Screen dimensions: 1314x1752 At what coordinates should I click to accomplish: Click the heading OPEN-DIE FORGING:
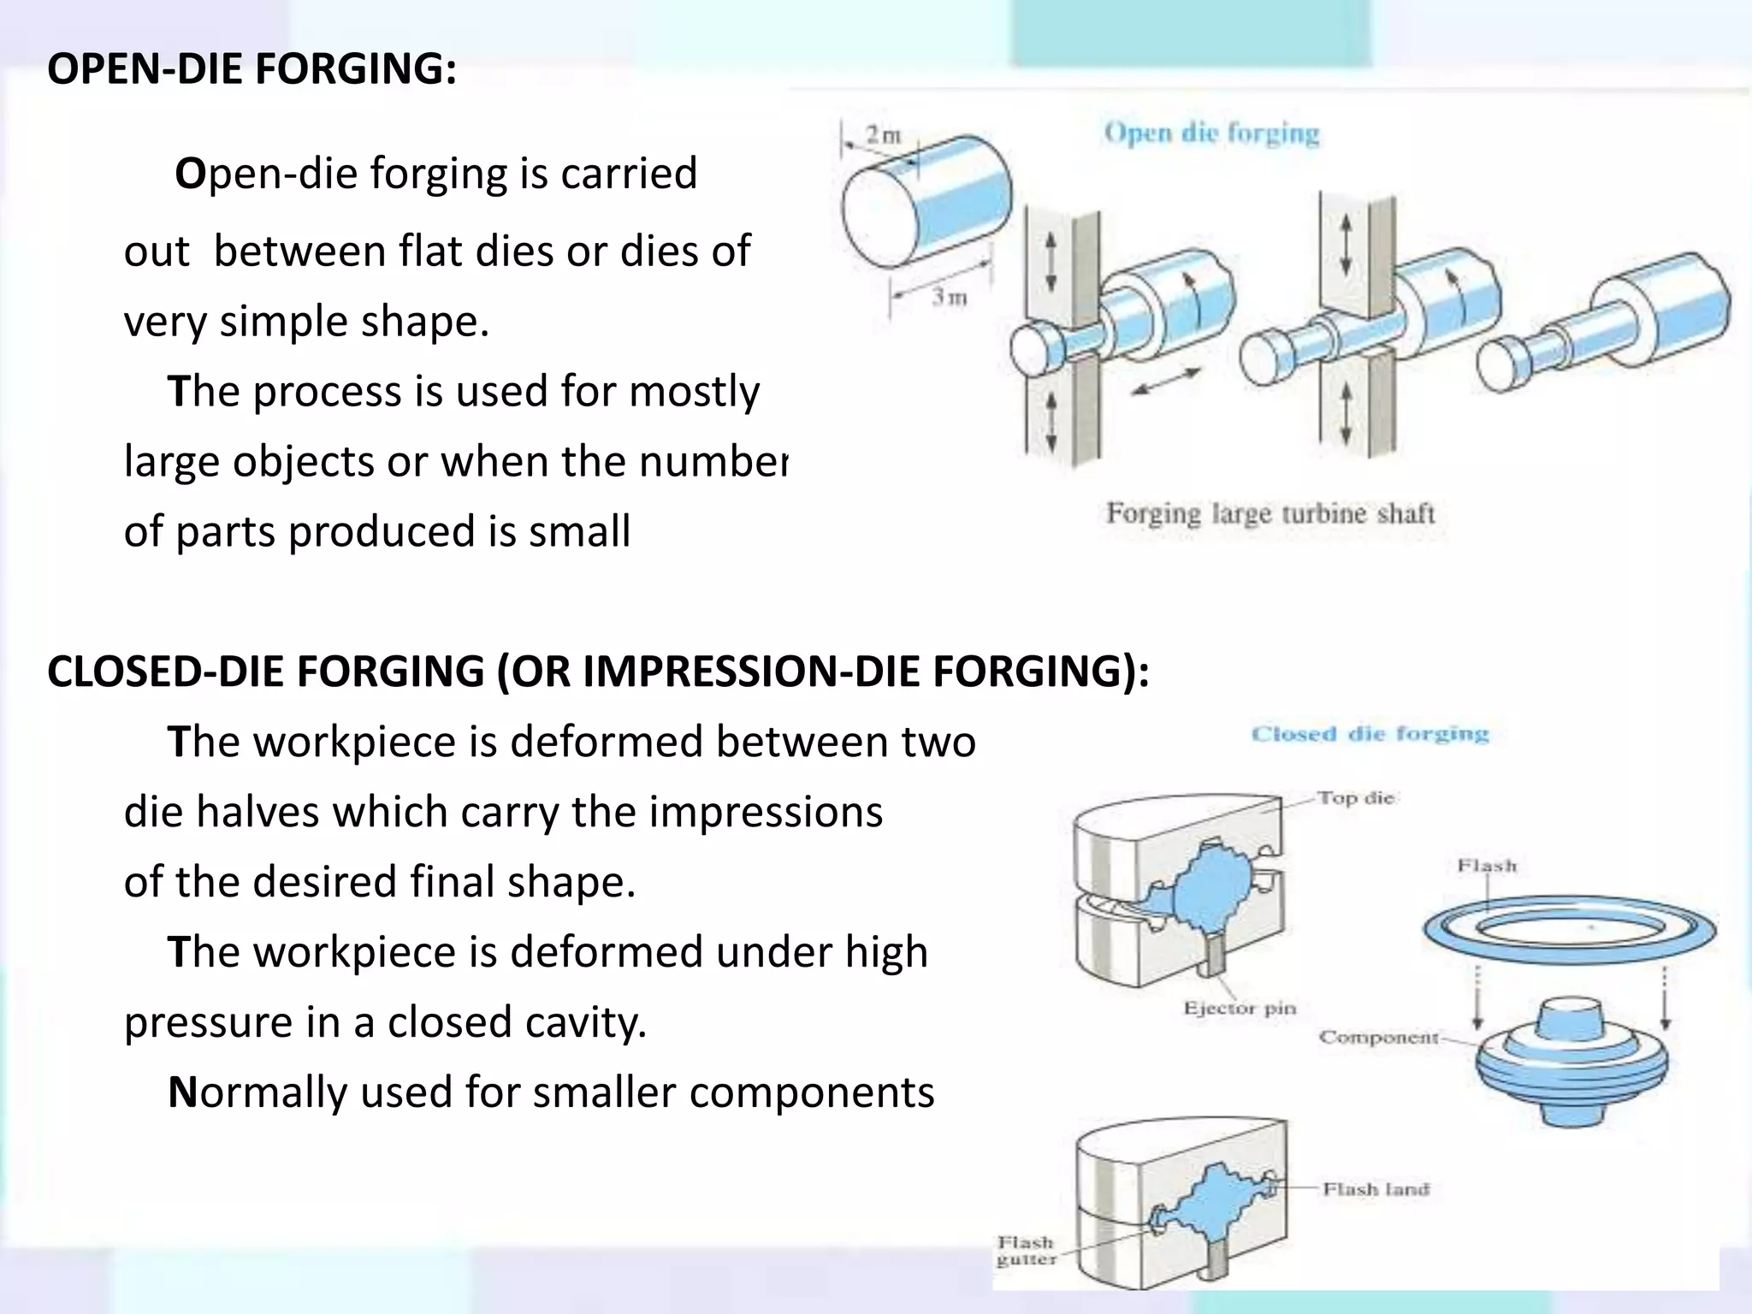click(x=252, y=69)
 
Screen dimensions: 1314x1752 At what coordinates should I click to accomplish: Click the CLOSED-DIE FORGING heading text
click(x=597, y=671)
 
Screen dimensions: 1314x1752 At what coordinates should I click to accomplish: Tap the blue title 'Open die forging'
click(x=1211, y=133)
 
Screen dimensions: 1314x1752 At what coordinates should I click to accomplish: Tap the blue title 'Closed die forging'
click(x=1370, y=734)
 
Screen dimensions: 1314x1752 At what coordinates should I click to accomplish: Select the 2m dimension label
click(x=884, y=134)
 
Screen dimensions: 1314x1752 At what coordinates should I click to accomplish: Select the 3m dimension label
click(x=949, y=297)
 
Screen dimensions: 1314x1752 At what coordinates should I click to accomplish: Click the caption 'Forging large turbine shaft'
click(x=1270, y=513)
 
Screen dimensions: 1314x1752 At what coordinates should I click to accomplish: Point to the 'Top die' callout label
click(x=1355, y=798)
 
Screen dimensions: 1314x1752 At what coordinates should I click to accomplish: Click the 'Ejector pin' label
click(x=1240, y=1008)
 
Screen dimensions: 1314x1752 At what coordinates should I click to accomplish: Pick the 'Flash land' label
click(x=1376, y=1189)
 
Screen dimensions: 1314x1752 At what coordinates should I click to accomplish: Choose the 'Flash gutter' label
click(x=1026, y=1250)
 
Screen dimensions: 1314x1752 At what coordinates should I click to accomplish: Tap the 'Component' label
click(x=1378, y=1038)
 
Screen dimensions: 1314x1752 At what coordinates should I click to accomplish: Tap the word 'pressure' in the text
click(x=208, y=1022)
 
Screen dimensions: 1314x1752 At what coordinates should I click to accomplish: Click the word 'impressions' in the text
click(x=766, y=812)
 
